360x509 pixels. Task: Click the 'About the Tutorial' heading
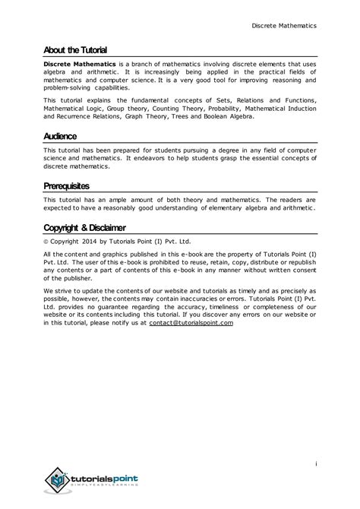(74, 49)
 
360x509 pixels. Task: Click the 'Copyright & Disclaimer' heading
(84, 227)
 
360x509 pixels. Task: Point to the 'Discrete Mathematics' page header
(284, 25)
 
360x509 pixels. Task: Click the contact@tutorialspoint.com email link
(191, 322)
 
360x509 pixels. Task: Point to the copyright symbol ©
(46, 243)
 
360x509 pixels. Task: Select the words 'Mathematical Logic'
(71, 108)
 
